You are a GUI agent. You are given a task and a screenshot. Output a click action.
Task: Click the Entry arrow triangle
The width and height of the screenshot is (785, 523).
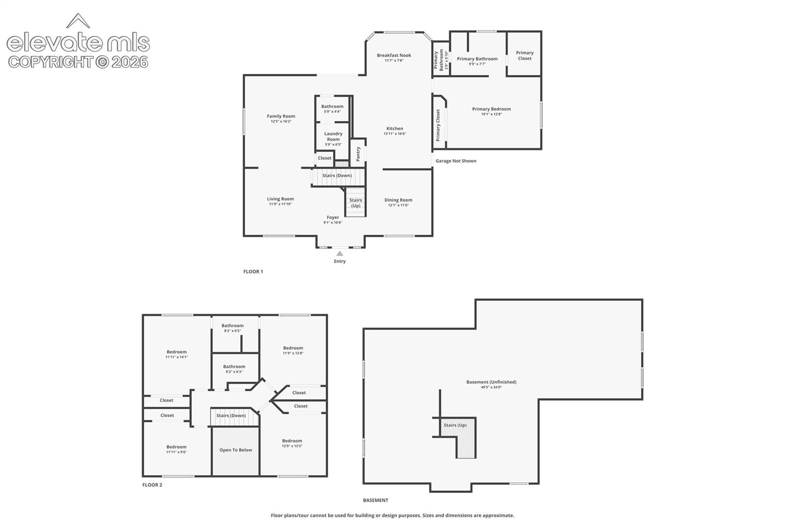pyautogui.click(x=340, y=253)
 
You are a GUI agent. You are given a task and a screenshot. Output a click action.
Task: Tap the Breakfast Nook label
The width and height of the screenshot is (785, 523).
pyautogui.click(x=394, y=55)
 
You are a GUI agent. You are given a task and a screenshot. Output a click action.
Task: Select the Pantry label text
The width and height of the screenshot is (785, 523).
pyautogui.click(x=358, y=154)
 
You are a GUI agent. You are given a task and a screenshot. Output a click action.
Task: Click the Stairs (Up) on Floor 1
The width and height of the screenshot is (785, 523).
pyautogui.click(x=356, y=203)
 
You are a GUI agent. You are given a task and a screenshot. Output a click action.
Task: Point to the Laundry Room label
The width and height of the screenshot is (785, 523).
pyautogui.click(x=333, y=136)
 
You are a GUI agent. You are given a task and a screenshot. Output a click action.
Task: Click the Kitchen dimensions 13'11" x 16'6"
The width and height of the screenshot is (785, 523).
pyautogui.click(x=394, y=134)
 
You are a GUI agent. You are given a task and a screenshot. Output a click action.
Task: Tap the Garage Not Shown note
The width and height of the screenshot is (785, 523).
pyautogui.click(x=456, y=161)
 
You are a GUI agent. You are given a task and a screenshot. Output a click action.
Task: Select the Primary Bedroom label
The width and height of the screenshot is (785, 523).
pyautogui.click(x=491, y=109)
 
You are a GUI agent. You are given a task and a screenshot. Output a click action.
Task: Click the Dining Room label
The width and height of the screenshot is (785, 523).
pyautogui.click(x=398, y=200)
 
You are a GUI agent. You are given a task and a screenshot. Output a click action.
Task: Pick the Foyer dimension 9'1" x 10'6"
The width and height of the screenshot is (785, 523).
pyautogui.click(x=332, y=222)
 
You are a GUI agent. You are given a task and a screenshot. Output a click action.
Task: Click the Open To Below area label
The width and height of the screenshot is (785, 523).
pyautogui.click(x=235, y=450)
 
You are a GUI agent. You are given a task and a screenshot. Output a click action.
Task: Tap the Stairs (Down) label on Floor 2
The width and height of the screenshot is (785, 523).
pyautogui.click(x=231, y=415)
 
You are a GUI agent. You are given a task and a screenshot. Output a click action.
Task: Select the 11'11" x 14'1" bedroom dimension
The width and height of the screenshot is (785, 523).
pyautogui.click(x=176, y=357)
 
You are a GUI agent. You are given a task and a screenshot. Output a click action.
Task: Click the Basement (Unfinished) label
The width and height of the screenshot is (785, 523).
pyautogui.click(x=491, y=382)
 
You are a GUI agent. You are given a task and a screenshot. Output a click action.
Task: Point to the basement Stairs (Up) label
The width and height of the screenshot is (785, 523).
pyautogui.click(x=455, y=425)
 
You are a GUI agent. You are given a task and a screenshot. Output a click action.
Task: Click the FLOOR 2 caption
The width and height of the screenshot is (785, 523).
pyautogui.click(x=152, y=485)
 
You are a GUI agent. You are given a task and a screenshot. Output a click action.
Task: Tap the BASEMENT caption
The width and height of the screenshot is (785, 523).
pyautogui.click(x=376, y=500)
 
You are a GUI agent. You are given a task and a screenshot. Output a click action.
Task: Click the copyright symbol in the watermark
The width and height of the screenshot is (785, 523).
pyautogui.click(x=102, y=62)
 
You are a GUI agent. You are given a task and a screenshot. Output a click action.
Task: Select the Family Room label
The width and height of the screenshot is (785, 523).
pyautogui.click(x=281, y=116)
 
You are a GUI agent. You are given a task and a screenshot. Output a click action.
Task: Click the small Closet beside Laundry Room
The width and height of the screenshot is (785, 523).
pyautogui.click(x=325, y=158)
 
